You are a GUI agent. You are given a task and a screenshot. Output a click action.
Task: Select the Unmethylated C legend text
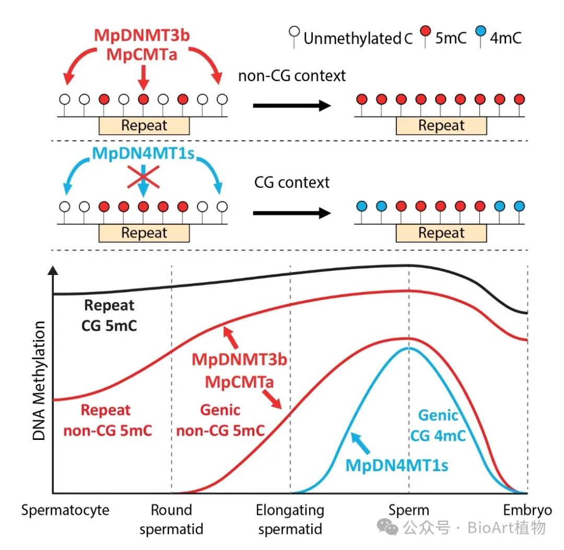[x=358, y=38]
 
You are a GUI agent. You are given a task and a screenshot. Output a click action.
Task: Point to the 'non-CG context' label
[x=291, y=76]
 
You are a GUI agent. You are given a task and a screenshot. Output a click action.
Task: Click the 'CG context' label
[x=292, y=183]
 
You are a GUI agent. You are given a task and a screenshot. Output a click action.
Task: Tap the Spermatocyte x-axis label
[x=65, y=510]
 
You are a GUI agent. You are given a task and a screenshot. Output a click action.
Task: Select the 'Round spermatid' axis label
[x=171, y=520]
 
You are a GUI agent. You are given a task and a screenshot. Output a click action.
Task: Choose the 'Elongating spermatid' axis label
[x=290, y=520]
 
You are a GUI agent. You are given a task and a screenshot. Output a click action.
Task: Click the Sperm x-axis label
[x=409, y=510]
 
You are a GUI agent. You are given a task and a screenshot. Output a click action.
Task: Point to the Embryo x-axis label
[x=527, y=510]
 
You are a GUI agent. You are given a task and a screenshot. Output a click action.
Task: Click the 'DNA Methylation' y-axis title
[x=40, y=381]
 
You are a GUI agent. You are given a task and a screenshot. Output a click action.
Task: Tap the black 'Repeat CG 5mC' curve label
[x=109, y=315]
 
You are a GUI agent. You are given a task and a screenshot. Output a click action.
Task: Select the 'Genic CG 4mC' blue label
[x=438, y=425]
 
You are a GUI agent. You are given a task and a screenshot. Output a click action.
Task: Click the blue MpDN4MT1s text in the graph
[x=397, y=465]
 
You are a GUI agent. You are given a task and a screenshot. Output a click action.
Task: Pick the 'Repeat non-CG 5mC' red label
[x=107, y=421]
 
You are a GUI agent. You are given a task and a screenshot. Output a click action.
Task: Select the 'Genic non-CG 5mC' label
[x=220, y=420]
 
